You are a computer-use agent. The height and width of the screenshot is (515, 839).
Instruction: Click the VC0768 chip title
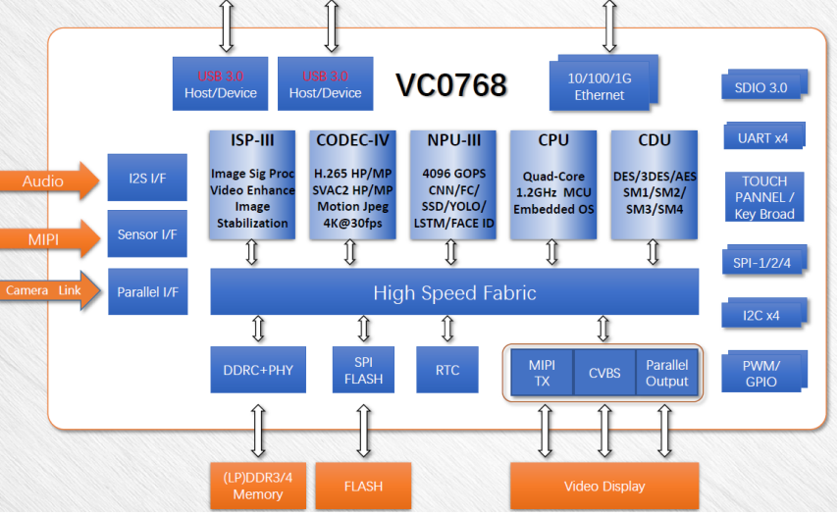pos(451,85)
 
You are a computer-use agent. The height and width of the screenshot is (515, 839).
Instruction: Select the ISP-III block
pos(252,184)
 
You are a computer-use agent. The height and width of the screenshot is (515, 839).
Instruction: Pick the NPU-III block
pos(451,184)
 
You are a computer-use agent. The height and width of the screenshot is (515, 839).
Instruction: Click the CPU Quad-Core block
pos(552,184)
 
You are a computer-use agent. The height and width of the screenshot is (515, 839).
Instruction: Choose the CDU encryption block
pos(654,184)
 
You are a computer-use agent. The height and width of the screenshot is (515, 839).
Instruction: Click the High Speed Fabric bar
pos(454,292)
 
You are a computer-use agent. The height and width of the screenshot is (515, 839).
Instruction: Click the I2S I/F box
pos(147,178)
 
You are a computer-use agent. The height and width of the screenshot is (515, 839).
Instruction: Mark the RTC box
pos(447,370)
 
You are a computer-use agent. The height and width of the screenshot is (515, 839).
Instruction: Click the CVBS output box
pos(603,373)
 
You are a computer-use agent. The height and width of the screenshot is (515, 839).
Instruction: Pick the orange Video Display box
pos(603,486)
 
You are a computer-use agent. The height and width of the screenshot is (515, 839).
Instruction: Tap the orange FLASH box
pos(363,486)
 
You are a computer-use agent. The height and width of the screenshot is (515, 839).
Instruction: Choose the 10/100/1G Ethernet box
pos(599,86)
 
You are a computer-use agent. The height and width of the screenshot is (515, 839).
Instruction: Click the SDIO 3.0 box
pos(760,86)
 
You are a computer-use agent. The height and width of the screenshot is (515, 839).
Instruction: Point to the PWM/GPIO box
pos(760,373)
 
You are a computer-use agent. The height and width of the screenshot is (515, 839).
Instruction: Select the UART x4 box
pos(762,137)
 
